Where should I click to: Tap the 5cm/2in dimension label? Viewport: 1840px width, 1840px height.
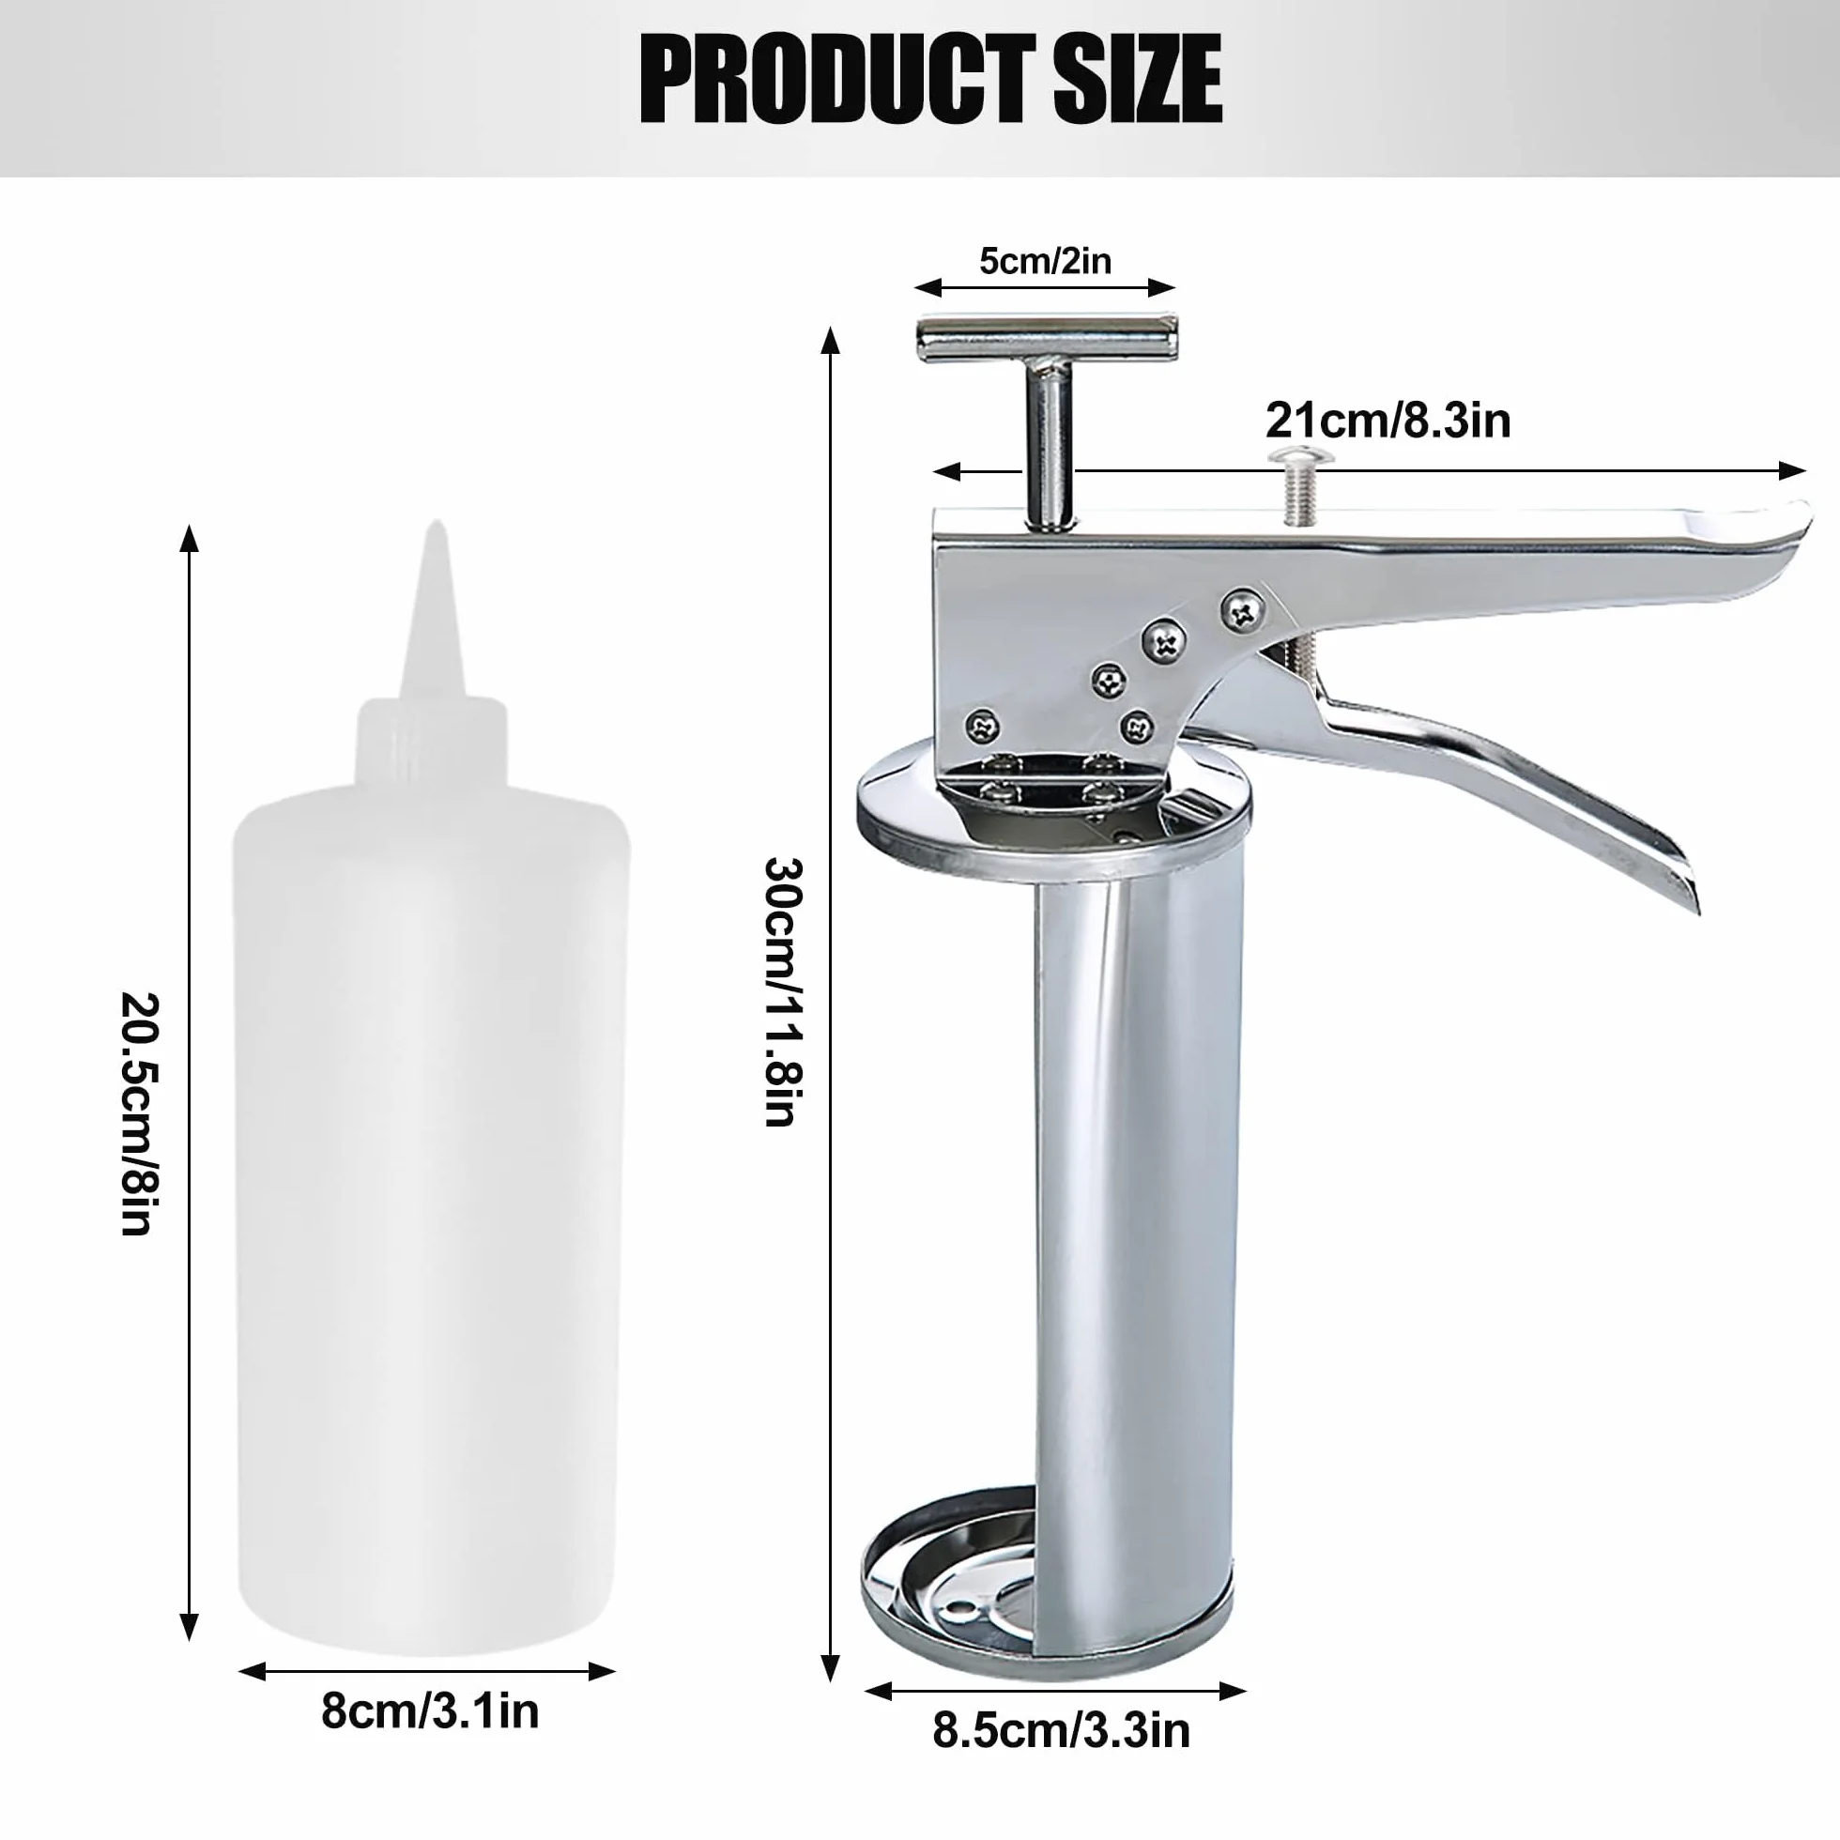click(x=1045, y=260)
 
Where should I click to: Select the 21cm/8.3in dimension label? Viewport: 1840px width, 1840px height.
click(x=1388, y=420)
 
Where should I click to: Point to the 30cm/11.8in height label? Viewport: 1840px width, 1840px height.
click(x=785, y=991)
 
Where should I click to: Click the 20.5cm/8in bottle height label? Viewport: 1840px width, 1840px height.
click(x=139, y=1113)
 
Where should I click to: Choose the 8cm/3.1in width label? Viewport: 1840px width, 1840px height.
click(x=430, y=1711)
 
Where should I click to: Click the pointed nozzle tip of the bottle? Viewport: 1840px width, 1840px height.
click(x=437, y=523)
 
